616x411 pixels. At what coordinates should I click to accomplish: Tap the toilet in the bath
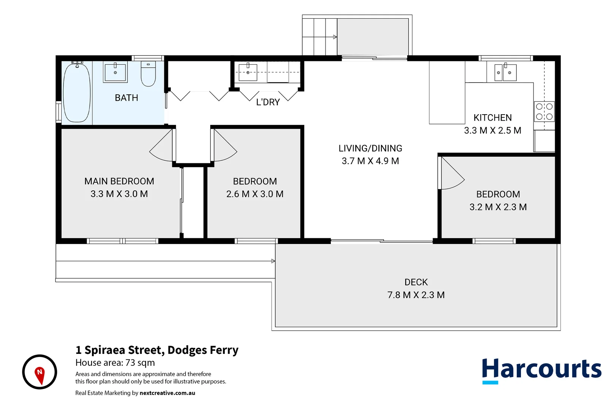click(x=148, y=74)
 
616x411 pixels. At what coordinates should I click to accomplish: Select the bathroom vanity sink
click(x=115, y=72)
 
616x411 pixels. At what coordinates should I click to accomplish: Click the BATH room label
click(x=126, y=98)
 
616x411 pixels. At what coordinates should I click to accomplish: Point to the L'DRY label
click(x=268, y=102)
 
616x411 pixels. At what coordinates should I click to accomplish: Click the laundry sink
click(x=248, y=72)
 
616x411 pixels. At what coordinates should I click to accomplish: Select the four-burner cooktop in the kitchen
click(x=544, y=112)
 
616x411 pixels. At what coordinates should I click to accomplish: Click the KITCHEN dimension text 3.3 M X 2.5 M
click(x=492, y=131)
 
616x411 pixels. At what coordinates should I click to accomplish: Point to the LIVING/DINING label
click(x=370, y=148)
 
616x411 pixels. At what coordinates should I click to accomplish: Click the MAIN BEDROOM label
click(x=119, y=181)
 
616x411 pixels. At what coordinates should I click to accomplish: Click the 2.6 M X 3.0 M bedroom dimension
click(x=255, y=194)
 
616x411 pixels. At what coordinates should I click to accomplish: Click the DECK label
click(x=416, y=282)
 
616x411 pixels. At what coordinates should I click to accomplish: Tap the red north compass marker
click(x=40, y=374)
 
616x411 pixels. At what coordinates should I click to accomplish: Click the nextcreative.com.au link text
click(x=167, y=393)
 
